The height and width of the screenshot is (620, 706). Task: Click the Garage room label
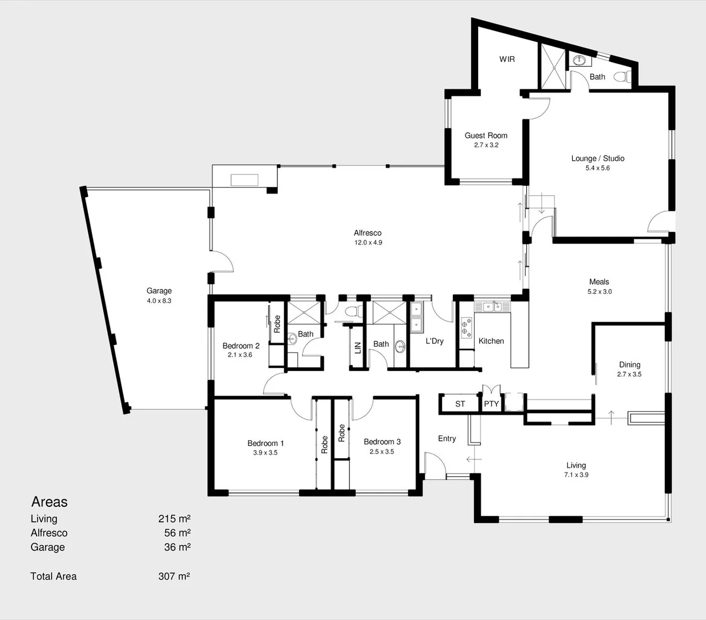(x=159, y=291)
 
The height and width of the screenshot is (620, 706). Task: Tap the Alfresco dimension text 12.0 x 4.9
(x=368, y=243)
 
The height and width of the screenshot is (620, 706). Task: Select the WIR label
(x=507, y=59)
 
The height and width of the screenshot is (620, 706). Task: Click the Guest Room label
(x=486, y=135)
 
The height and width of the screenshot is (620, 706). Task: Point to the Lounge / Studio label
(x=598, y=158)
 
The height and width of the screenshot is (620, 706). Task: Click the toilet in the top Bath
(x=622, y=76)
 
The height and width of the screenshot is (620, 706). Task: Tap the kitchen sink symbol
(x=491, y=307)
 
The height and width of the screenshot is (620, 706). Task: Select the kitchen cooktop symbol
(x=466, y=327)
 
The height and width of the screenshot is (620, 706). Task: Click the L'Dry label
(x=435, y=341)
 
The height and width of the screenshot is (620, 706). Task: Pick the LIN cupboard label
(x=358, y=347)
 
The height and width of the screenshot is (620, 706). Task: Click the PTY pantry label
(x=491, y=404)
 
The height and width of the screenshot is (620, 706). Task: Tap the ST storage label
(x=460, y=404)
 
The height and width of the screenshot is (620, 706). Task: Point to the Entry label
(x=447, y=439)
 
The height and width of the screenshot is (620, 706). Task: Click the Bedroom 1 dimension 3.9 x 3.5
(x=265, y=453)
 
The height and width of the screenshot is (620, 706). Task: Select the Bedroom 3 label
(x=382, y=441)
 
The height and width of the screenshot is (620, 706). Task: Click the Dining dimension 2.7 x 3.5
(x=630, y=374)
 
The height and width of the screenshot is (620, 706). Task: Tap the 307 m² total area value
(x=174, y=576)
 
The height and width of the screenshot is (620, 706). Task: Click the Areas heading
(x=49, y=502)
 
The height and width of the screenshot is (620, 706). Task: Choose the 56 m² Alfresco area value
(x=177, y=533)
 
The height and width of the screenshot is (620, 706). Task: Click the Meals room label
(x=599, y=282)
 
